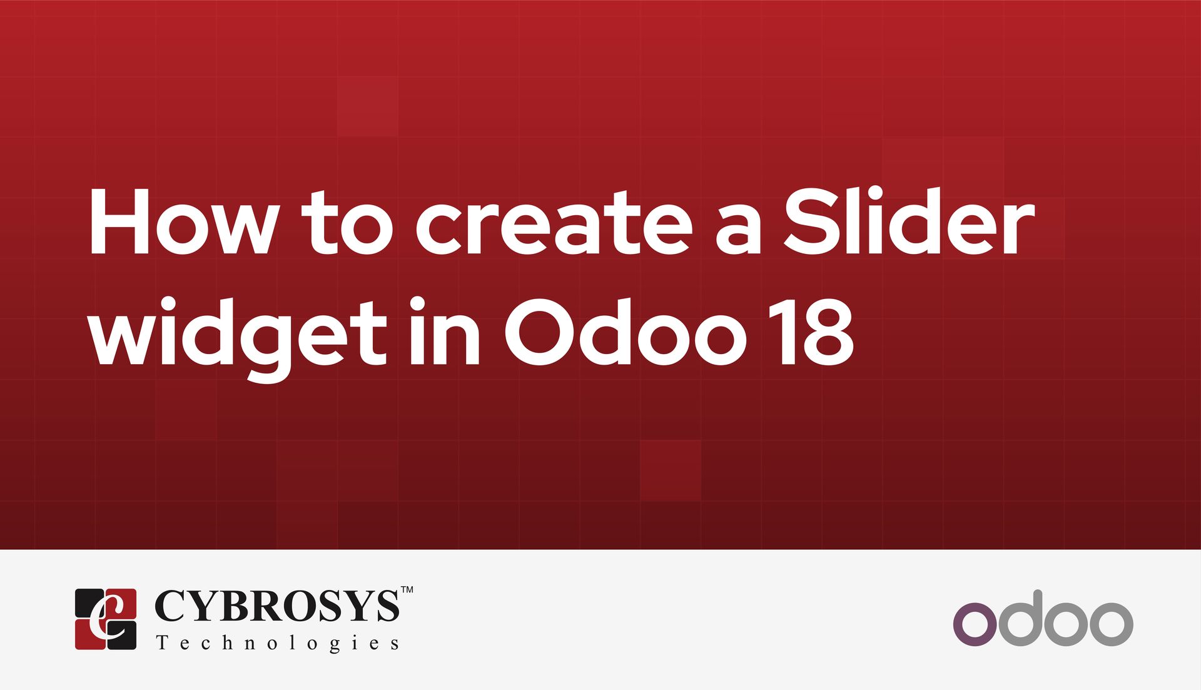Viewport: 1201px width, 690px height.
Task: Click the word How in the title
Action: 181,223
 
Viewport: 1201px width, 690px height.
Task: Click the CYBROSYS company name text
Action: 276,606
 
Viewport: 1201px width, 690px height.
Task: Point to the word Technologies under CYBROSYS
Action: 277,643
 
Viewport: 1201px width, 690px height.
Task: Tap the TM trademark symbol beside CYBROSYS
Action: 407,590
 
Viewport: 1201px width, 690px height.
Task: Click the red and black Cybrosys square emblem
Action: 106,619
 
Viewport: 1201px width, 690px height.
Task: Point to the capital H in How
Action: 122,223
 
